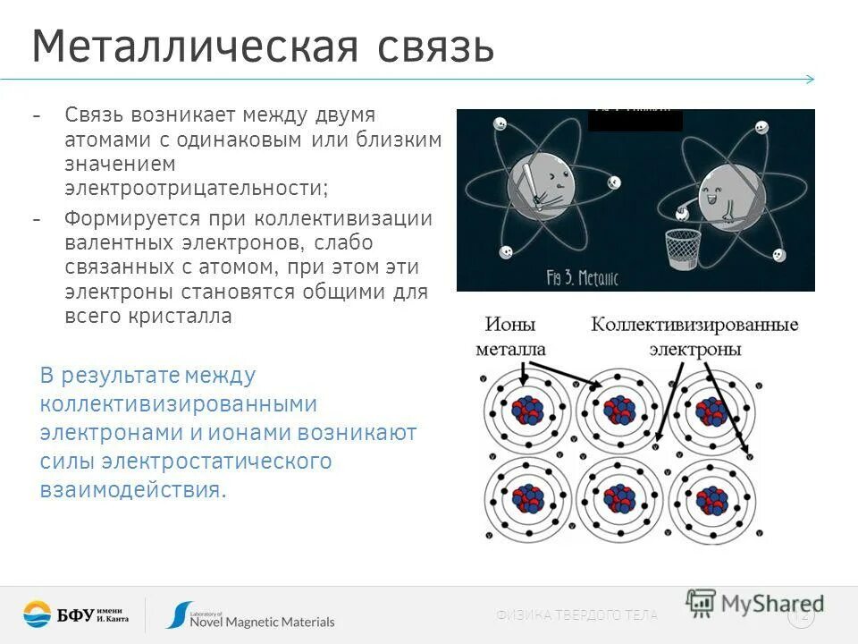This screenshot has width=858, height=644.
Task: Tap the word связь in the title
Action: click(x=435, y=47)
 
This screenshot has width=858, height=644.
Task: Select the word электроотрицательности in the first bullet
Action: click(x=196, y=189)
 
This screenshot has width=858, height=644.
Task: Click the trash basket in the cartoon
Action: click(x=683, y=250)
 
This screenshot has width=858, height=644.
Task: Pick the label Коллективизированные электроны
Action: click(x=694, y=336)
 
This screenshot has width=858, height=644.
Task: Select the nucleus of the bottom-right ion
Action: click(x=712, y=498)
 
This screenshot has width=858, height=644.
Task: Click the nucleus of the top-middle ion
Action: click(x=619, y=410)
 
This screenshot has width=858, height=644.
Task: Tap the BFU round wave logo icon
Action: click(x=38, y=614)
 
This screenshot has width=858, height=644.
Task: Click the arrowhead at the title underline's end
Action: click(x=810, y=79)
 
